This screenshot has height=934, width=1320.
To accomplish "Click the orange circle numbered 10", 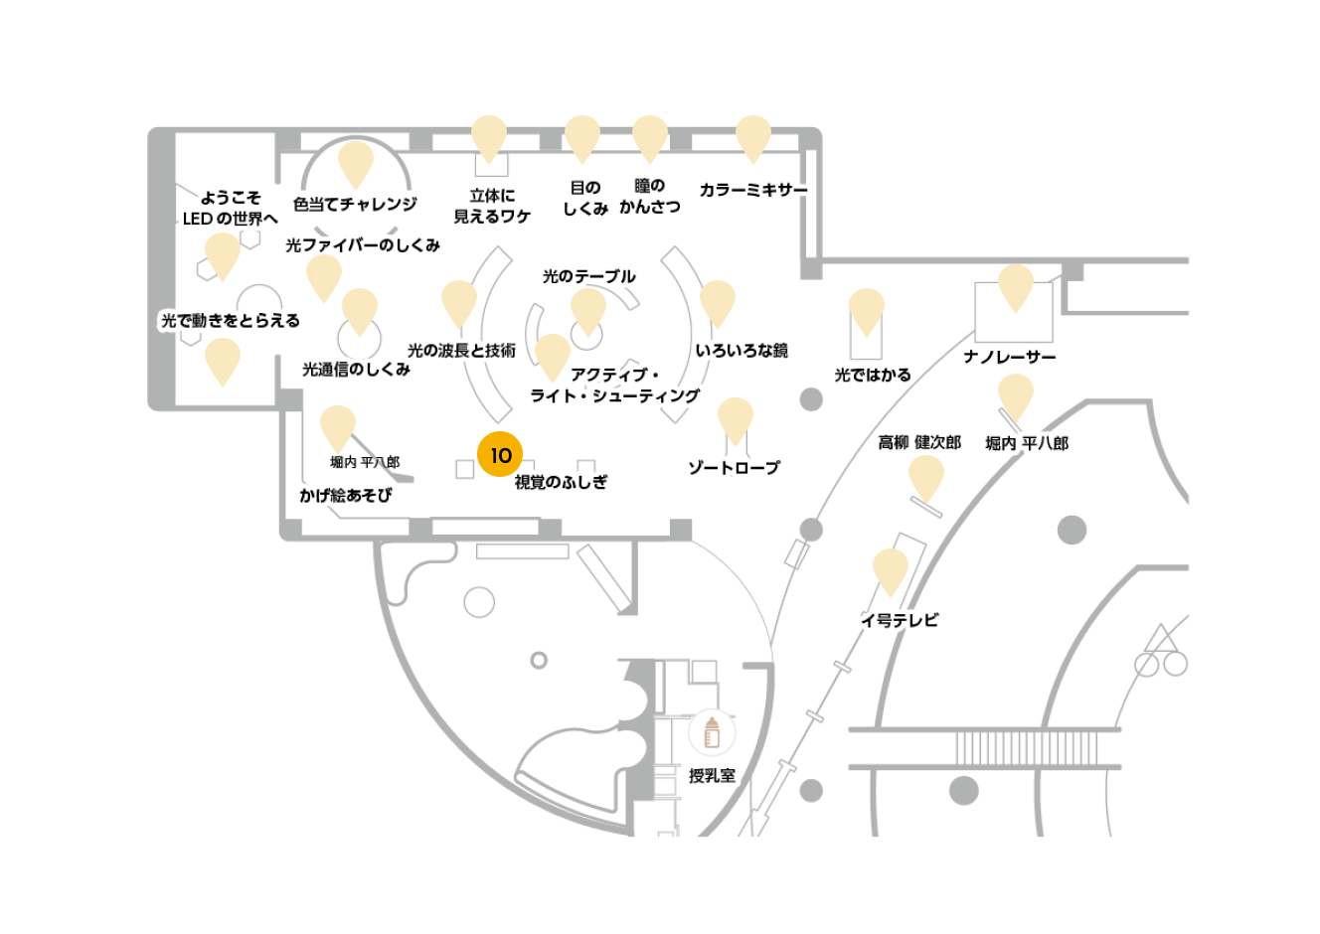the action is click(x=500, y=454).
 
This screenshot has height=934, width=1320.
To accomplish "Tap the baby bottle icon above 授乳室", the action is click(x=712, y=732).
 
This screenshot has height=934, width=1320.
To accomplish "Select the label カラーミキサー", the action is click(x=753, y=190).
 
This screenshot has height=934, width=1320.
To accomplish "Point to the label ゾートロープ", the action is click(x=735, y=468).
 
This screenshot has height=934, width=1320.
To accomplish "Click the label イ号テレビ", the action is click(x=900, y=620).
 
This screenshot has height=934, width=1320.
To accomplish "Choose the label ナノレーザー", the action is click(x=1010, y=357).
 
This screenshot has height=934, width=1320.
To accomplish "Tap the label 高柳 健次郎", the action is click(x=919, y=442).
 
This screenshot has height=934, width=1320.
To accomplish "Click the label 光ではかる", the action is click(x=873, y=375).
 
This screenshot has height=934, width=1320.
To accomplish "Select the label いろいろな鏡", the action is click(x=742, y=351).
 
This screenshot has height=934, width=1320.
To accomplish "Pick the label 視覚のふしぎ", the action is click(x=561, y=482).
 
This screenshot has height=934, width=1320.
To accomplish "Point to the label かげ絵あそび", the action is click(x=345, y=495).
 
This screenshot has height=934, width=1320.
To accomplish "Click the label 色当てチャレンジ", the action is click(x=355, y=204).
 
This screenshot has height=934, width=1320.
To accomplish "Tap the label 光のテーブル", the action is click(x=588, y=276).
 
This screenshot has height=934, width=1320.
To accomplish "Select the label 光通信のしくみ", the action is click(x=356, y=370).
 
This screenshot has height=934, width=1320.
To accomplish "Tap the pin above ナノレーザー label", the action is click(x=1016, y=288).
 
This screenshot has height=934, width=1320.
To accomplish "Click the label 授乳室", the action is click(x=713, y=776).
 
